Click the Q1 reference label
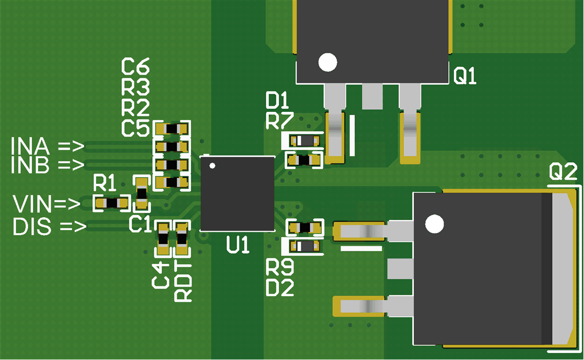coord(465,76)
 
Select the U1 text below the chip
coord(238,245)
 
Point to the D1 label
coord(278,100)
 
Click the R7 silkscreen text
coord(279,121)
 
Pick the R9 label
coord(279,268)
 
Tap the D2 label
coord(279,287)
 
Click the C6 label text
coord(136,67)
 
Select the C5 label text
coord(136,129)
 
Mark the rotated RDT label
coord(183,282)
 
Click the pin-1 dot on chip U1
coord(212,165)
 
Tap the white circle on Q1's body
coord(328,63)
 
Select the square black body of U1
coord(237,194)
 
